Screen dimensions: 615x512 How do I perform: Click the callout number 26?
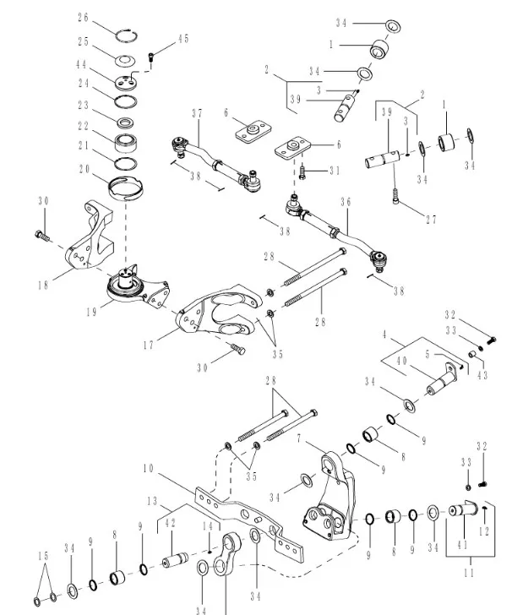pyautogui.click(x=106, y=17)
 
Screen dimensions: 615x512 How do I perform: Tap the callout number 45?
pyautogui.click(x=183, y=39)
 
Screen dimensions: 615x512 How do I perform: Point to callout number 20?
pyautogui.click(x=84, y=169)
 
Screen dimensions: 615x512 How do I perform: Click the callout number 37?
pyautogui.click(x=197, y=113)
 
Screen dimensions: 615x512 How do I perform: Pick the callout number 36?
pyautogui.click(x=346, y=202)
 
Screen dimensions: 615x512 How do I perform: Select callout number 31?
pyautogui.click(x=335, y=171)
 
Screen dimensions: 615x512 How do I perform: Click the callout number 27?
pyautogui.click(x=431, y=220)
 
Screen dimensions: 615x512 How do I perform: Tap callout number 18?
pyautogui.click(x=42, y=286)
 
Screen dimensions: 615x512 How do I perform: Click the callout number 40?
pyautogui.click(x=401, y=362)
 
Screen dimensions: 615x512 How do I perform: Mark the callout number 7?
pyautogui.click(x=299, y=439)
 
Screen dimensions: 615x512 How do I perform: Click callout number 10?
pyautogui.click(x=149, y=467)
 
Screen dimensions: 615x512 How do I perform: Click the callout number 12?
pyautogui.click(x=483, y=532)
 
